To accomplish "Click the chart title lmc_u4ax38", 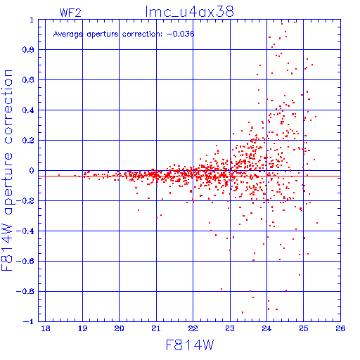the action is (189, 12).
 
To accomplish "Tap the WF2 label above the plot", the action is (70, 13).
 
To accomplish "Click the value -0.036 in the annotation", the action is (181, 34).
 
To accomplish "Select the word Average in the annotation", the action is (68, 34).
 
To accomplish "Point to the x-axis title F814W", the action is (190, 345).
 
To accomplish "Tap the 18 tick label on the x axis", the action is (46, 328).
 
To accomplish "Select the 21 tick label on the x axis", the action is (156, 328).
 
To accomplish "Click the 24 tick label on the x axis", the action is (266, 328).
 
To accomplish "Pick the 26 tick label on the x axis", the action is (340, 328).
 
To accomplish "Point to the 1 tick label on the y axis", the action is (32, 20).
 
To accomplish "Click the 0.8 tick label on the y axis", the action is (28, 50).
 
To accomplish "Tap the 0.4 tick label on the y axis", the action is (28, 110).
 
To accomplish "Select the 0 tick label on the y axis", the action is (32, 171).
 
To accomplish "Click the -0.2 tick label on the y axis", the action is (25, 201).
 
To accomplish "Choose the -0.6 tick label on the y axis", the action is (25, 261).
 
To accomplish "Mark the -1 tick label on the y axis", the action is (29, 321).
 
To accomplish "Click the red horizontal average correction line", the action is (189, 176).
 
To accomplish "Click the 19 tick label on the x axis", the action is (82, 328).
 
